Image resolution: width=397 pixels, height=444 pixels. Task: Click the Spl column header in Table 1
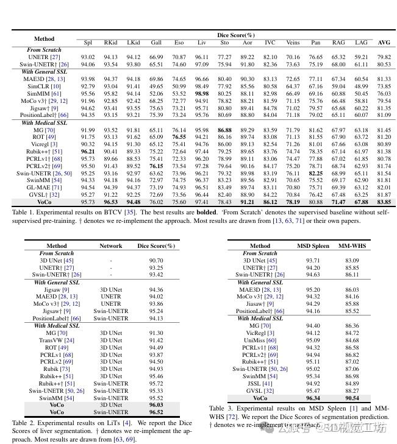(87, 43)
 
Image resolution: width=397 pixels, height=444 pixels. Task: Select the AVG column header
(384, 43)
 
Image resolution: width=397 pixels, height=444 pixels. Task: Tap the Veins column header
(293, 43)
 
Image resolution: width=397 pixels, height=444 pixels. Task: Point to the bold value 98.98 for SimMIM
(201, 94)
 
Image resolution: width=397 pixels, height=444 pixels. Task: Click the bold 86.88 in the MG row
(224, 130)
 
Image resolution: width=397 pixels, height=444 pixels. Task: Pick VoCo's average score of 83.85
(384, 202)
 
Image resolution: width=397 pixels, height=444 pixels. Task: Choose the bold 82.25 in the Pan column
(315, 174)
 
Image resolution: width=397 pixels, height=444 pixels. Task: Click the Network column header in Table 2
(111, 246)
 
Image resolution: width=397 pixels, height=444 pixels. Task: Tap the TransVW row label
(61, 340)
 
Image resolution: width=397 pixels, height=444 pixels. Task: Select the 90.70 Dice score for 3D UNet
(156, 260)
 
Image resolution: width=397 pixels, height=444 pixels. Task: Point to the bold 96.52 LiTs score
(156, 412)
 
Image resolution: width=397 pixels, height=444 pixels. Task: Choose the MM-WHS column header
(352, 246)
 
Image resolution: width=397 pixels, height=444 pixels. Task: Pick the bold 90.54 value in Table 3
(352, 398)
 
